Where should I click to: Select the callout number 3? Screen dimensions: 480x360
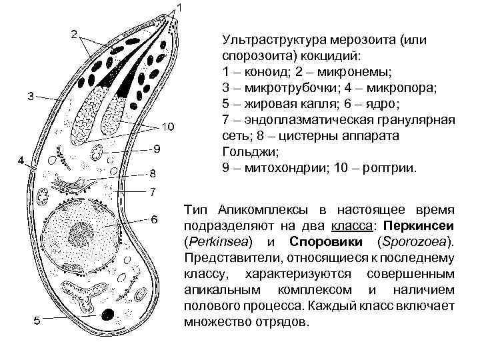pos(31,95)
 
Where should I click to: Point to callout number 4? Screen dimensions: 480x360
pos(21,161)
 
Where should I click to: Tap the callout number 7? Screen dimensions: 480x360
pos(153,193)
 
